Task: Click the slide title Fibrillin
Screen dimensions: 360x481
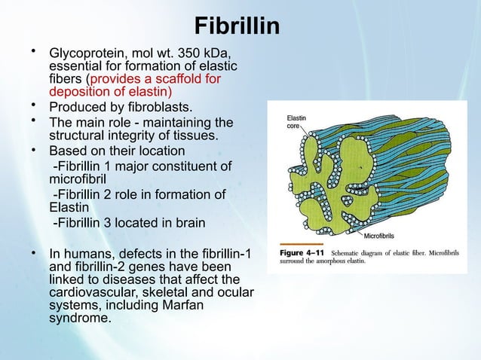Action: (x=237, y=26)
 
